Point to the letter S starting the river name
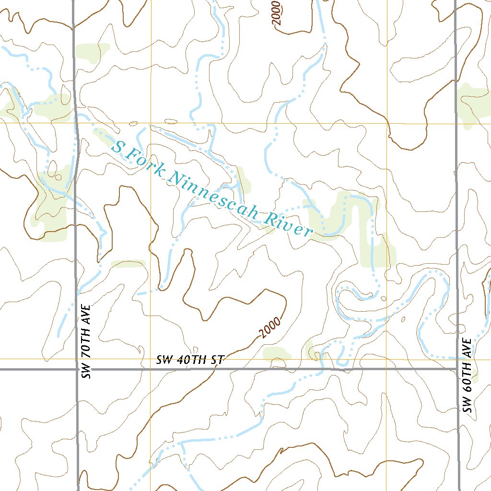(117, 147)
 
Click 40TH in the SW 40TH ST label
(192, 360)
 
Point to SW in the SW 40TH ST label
(164, 360)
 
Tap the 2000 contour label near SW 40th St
(270, 328)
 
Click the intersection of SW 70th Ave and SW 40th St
(78, 369)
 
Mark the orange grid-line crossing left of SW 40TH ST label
(151, 358)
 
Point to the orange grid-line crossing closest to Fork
(151, 123)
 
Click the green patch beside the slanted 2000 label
(277, 354)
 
